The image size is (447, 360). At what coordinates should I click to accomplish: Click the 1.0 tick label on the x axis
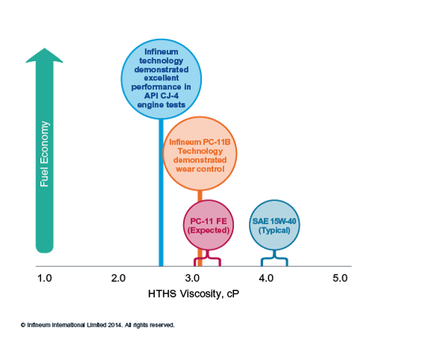tap(45, 278)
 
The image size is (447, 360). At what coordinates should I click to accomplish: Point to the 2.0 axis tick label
tap(118, 278)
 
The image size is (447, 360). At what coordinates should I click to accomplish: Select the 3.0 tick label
tap(192, 278)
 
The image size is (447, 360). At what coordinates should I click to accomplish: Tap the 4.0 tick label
tap(266, 278)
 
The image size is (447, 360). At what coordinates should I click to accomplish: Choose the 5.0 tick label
tap(340, 278)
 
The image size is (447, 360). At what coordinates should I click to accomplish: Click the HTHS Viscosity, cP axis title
tap(194, 294)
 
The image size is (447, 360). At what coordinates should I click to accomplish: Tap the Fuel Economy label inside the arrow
tap(44, 154)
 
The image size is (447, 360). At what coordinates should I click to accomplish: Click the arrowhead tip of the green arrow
tap(45, 48)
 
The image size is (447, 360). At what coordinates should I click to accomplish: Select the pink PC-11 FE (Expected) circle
tap(209, 225)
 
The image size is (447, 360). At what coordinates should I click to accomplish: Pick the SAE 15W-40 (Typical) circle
tap(274, 225)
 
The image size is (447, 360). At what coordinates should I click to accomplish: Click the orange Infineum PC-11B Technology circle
tap(200, 154)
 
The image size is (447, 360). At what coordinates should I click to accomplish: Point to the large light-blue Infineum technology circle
tap(162, 79)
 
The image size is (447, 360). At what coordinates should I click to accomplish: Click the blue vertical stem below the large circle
tap(161, 192)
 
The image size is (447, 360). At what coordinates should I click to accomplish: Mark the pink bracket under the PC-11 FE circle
tap(207, 259)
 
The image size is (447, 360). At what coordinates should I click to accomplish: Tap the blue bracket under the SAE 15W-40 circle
tap(274, 259)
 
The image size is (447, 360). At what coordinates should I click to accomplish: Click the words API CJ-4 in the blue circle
tap(162, 95)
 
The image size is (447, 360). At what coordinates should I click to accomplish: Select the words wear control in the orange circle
tap(200, 169)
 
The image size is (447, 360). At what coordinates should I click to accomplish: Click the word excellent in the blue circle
tap(162, 78)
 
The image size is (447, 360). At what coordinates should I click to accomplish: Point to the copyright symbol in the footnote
tap(23, 325)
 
